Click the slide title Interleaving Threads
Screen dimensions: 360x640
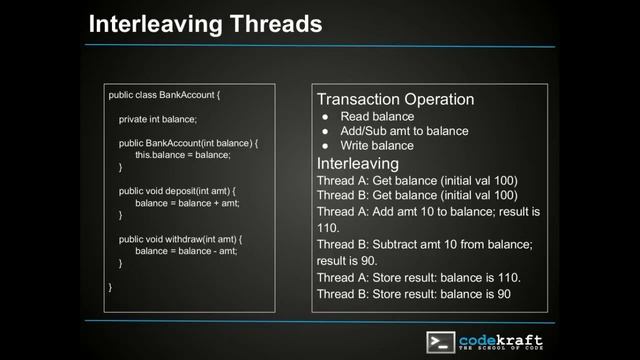click(x=205, y=23)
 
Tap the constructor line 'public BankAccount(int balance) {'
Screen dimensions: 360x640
click(x=188, y=143)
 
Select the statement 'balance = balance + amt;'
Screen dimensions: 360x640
click(x=187, y=203)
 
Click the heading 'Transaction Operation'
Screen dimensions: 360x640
click(x=395, y=100)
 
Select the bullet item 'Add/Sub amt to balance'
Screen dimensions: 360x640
click(x=404, y=131)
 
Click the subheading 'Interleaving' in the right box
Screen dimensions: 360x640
click(x=357, y=163)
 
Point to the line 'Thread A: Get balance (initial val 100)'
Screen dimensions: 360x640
click(x=417, y=180)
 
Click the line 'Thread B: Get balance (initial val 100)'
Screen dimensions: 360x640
click(x=417, y=195)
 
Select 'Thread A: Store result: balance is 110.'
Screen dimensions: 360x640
click(x=419, y=277)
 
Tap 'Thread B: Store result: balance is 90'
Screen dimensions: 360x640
click(x=414, y=294)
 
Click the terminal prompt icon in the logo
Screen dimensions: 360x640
click(x=440, y=341)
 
